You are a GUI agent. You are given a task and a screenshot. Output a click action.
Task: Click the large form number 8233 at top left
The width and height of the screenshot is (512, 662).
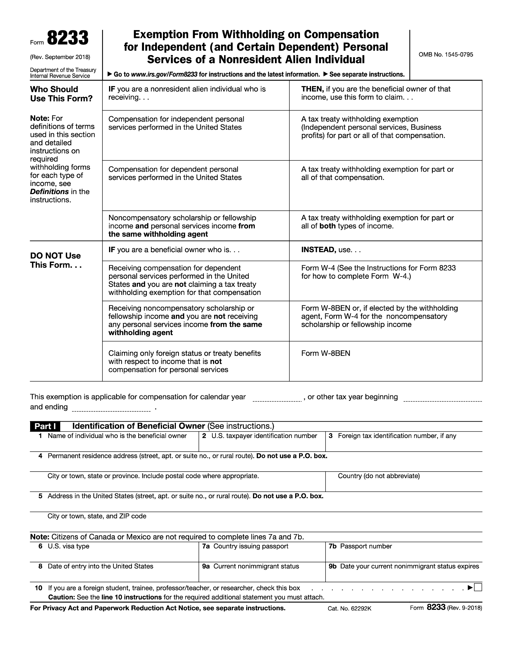pyautogui.click(x=68, y=39)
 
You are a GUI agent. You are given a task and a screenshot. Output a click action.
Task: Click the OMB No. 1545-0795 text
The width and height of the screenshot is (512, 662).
pyautogui.click(x=445, y=54)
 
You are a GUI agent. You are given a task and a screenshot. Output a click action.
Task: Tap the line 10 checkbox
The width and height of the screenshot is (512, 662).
pyautogui.click(x=478, y=587)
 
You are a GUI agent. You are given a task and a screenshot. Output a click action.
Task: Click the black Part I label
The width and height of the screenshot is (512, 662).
pyautogui.click(x=45, y=426)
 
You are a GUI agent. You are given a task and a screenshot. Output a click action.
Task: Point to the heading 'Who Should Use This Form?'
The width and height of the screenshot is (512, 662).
pyautogui.click(x=61, y=94)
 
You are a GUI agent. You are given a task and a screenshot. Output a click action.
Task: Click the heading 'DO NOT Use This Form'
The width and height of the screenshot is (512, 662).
pyautogui.click(x=55, y=260)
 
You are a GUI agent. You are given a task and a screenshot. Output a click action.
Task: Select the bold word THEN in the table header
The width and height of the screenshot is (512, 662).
pyautogui.click(x=312, y=89)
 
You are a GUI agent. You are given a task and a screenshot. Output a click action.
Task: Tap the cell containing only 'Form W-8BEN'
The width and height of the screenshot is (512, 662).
pyautogui.click(x=326, y=353)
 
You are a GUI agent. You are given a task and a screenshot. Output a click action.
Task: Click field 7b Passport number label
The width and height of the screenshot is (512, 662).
pyautogui.click(x=360, y=546)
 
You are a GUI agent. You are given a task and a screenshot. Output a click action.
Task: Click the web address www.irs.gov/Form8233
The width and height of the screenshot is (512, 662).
pyautogui.click(x=164, y=74)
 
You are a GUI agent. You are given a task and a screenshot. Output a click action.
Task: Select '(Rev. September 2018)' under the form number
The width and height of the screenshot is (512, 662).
pyautogui.click(x=60, y=57)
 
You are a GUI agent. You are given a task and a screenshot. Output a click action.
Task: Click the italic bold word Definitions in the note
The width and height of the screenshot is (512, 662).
pyautogui.click(x=49, y=192)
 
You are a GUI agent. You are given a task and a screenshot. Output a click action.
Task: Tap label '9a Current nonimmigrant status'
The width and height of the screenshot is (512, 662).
pyautogui.click(x=251, y=566)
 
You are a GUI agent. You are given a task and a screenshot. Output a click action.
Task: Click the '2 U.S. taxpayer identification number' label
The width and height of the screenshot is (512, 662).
pyautogui.click(x=260, y=436)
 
